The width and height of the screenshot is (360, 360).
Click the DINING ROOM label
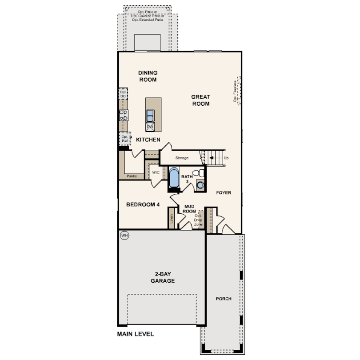point(148,76)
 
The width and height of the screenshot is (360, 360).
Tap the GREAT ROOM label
point(200,100)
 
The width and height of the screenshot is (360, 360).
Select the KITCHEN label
point(148,140)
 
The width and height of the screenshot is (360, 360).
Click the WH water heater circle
point(124,235)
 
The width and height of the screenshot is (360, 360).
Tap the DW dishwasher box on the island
point(150,127)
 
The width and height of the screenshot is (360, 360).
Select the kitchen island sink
point(150,116)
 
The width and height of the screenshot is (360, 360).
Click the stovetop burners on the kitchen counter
point(123,116)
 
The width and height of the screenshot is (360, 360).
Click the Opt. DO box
point(123,94)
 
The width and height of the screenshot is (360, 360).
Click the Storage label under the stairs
point(182,158)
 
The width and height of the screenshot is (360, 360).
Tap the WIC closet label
point(156,172)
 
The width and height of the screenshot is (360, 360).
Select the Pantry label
point(132,176)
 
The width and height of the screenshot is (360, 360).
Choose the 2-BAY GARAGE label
point(162,278)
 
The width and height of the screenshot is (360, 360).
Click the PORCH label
point(224,299)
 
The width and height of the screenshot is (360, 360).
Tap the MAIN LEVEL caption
point(136,334)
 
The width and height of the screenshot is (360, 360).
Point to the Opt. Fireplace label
point(235,92)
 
